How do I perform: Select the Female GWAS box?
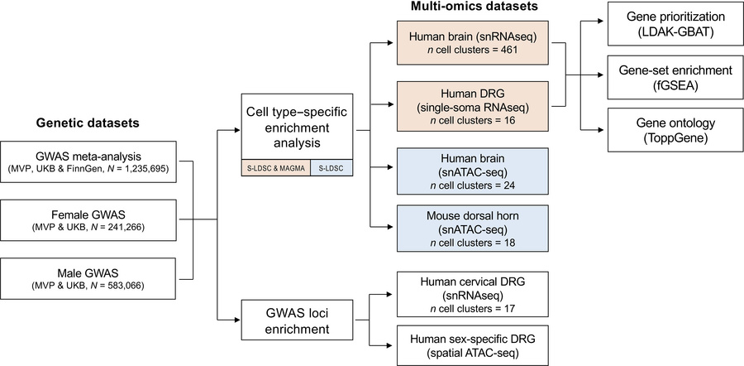click(88, 219)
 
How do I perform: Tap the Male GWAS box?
click(88, 277)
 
